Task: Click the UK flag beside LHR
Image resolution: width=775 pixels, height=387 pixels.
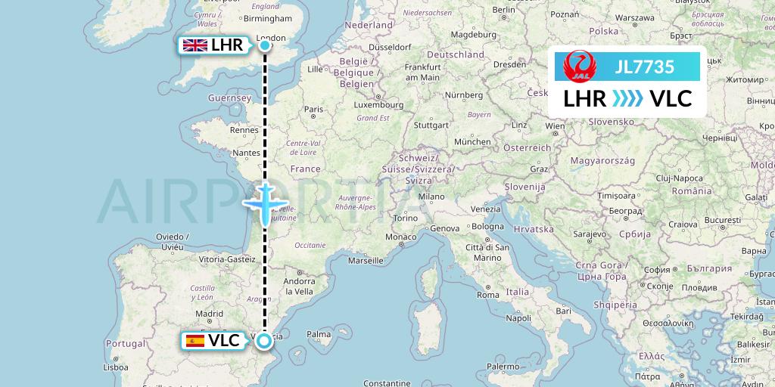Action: tap(195, 45)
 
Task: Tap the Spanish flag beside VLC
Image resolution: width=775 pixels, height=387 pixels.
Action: tap(195, 341)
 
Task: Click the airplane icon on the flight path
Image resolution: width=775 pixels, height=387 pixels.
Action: tap(265, 203)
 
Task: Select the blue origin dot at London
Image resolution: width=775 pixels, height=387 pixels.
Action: tap(265, 45)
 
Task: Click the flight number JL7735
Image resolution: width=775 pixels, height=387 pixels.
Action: tap(645, 67)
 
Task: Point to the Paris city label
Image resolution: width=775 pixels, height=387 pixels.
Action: tap(313, 109)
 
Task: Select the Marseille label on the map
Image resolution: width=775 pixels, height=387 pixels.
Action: tap(366, 261)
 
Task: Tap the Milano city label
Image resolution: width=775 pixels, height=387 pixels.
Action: tap(432, 196)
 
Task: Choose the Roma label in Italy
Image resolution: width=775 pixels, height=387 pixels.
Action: tap(488, 294)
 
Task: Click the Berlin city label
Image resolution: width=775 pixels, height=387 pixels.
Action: tap(503, 10)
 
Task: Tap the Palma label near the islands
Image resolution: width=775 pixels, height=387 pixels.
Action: tap(319, 333)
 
